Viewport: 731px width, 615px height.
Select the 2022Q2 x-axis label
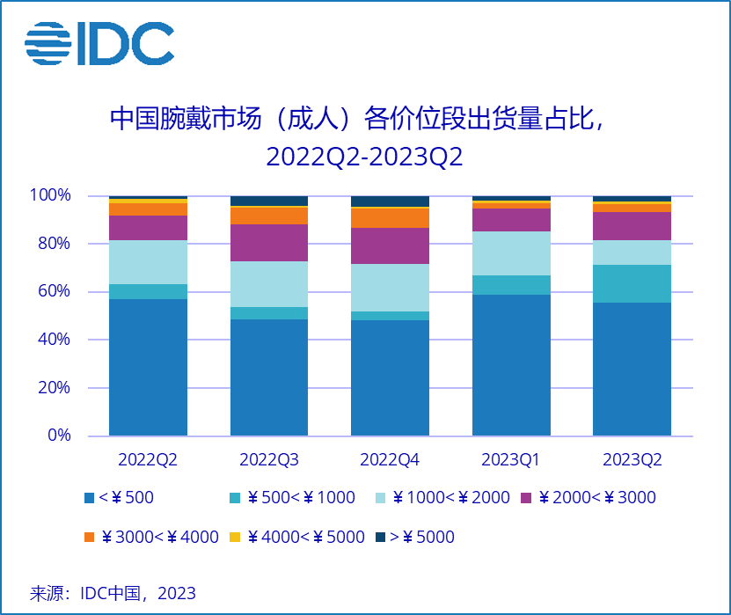pos(148,460)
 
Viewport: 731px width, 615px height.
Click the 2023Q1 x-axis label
pos(511,460)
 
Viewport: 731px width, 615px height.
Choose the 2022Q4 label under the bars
pos(390,460)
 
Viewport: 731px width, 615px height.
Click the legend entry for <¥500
pos(119,498)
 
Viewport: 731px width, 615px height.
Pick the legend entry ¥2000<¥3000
pos(588,498)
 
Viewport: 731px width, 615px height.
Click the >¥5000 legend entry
pos(414,537)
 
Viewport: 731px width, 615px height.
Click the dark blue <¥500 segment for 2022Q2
pos(148,368)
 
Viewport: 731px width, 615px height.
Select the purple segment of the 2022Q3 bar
pos(269,243)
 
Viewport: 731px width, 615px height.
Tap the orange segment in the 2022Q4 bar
pos(390,218)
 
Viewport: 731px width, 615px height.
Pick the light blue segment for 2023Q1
pos(511,253)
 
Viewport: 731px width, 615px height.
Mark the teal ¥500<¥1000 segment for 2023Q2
pos(632,283)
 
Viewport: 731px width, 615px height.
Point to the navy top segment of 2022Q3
pos(269,201)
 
